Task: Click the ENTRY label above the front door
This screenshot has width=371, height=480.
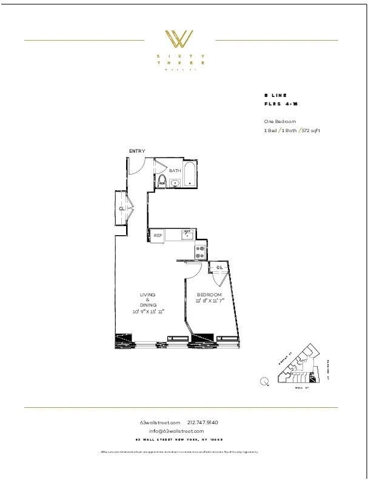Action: pos(137,151)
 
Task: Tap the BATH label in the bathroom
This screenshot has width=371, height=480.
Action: pos(175,171)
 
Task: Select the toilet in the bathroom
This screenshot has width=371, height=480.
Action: pos(161,181)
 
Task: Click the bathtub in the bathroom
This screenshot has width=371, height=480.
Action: pos(189,175)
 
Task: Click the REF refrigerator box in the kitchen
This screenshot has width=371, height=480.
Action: pos(157,235)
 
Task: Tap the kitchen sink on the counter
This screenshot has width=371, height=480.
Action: pos(187,233)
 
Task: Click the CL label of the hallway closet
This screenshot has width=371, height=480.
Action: pos(122,208)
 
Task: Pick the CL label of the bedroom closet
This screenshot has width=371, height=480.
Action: pos(219,267)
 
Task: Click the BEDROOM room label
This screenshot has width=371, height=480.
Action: pos(209,295)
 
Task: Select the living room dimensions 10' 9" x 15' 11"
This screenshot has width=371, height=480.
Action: pos(149,311)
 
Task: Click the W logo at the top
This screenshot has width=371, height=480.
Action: pos(180,39)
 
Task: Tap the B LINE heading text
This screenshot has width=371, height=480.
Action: pos(275,96)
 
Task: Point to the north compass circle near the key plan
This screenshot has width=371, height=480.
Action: pos(264,381)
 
